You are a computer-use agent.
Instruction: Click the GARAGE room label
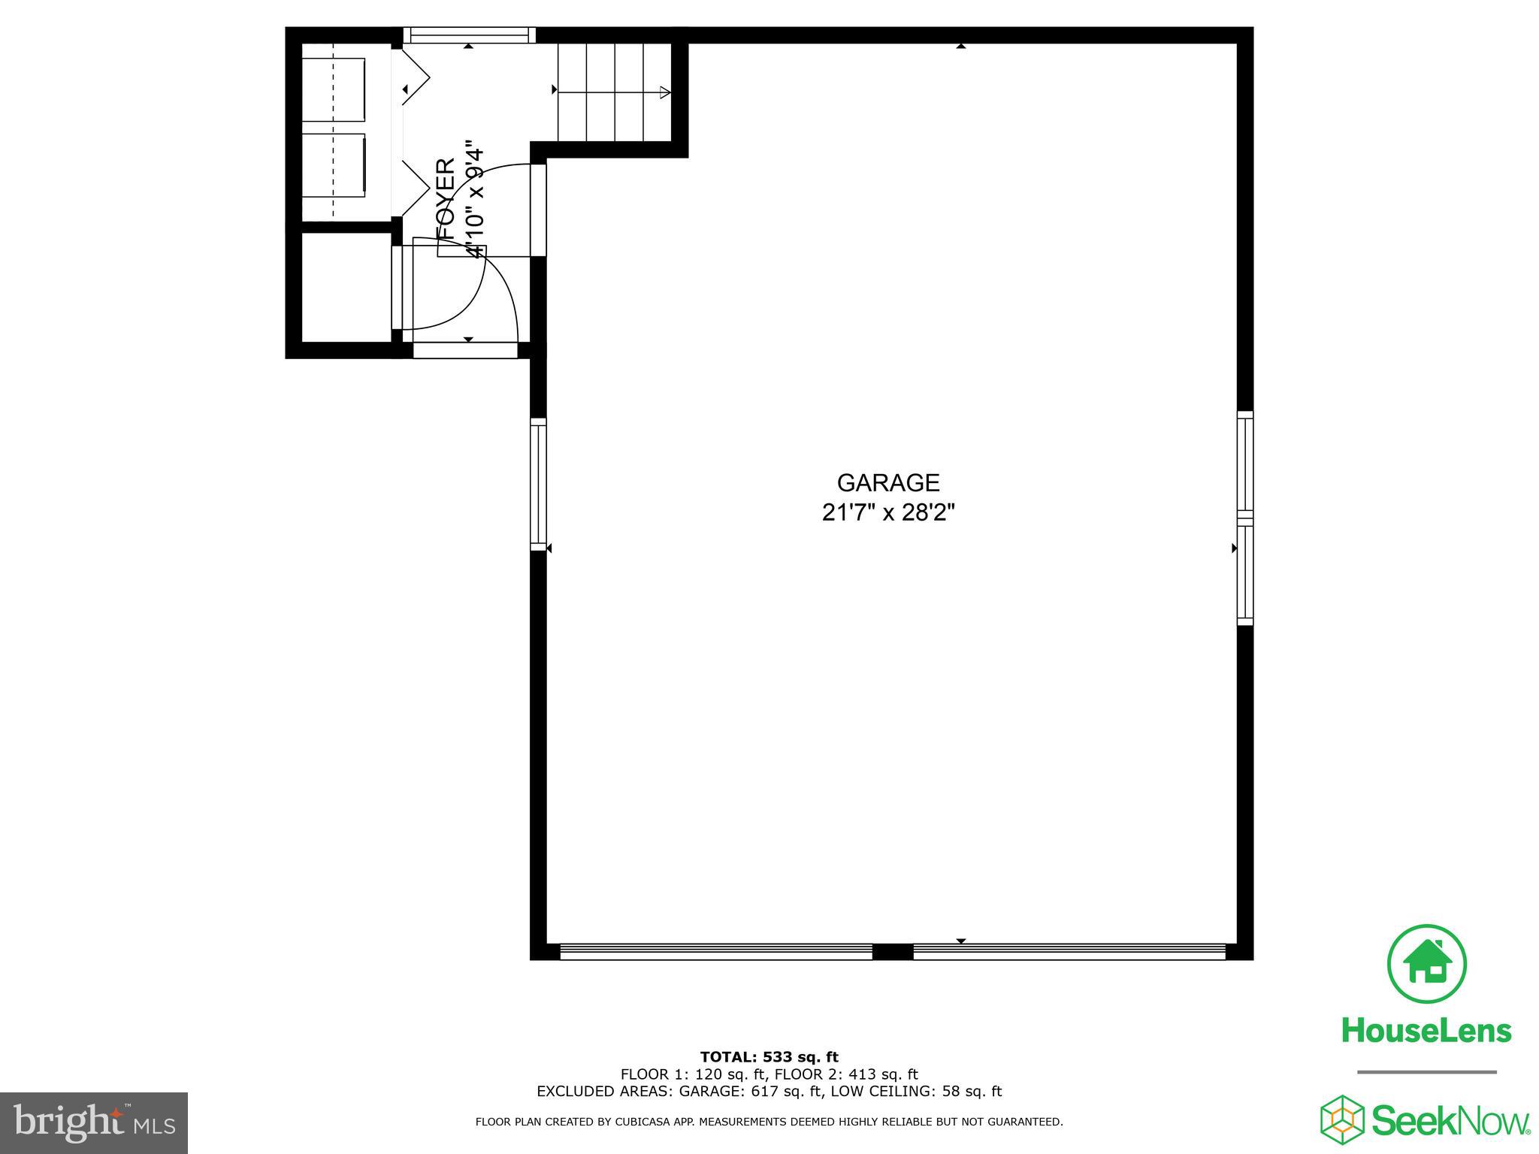pos(888,482)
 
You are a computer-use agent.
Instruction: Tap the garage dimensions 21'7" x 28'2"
pos(888,513)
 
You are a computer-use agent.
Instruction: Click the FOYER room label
pos(446,199)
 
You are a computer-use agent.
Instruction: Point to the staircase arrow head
pos(664,92)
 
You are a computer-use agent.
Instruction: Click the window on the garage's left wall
pos(538,484)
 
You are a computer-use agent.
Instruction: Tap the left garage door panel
pos(716,952)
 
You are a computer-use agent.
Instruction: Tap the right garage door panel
pos(1069,952)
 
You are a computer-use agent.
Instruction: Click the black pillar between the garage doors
pos(893,952)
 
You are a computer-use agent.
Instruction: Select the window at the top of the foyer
pos(469,35)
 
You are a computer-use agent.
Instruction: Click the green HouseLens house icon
pos(1426,965)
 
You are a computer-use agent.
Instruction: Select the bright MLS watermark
pos(94,1123)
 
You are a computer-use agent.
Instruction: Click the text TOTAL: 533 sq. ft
pos(769,1058)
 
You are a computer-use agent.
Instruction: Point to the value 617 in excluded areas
pos(763,1092)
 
